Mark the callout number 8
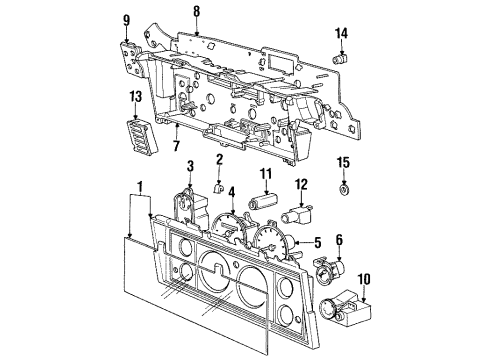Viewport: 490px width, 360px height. [196, 11]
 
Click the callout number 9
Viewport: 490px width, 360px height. [126, 19]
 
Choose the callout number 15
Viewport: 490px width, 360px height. [343, 162]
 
